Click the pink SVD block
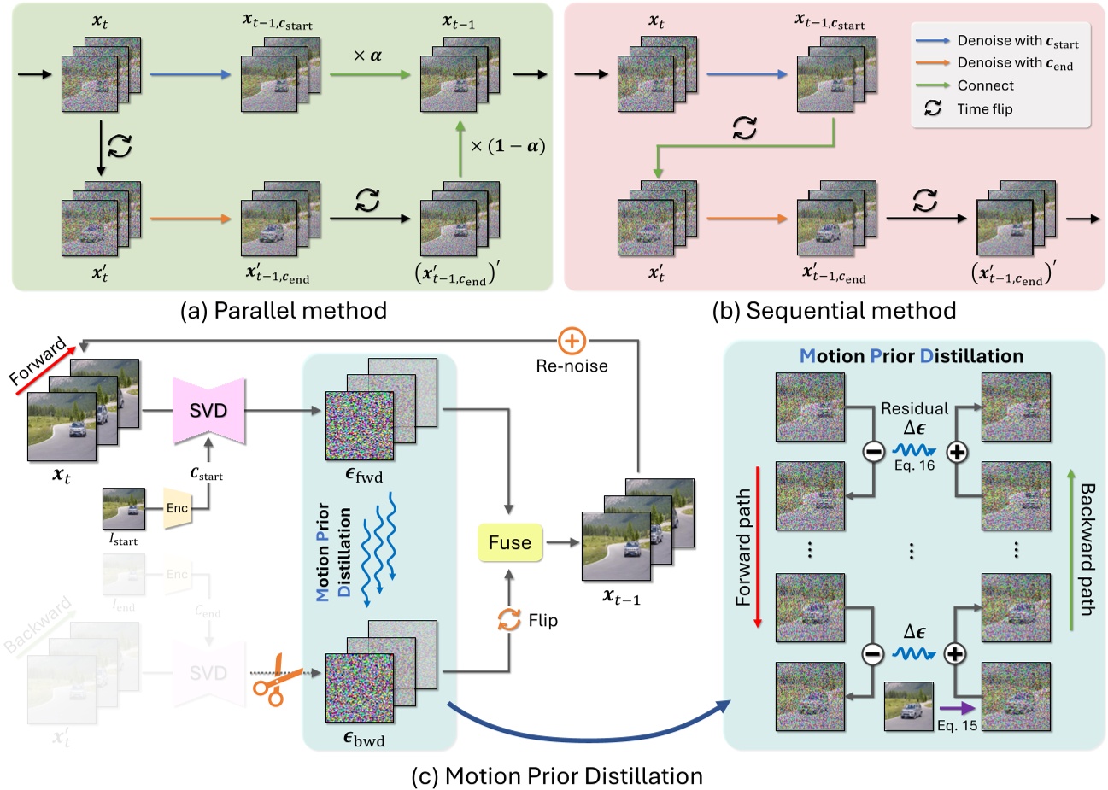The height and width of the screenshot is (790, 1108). [x=208, y=411]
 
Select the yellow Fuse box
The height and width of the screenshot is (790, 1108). [x=509, y=542]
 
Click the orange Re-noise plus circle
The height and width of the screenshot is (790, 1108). [x=572, y=342]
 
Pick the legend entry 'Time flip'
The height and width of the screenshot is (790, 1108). [x=984, y=108]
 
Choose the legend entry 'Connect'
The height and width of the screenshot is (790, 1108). [x=985, y=85]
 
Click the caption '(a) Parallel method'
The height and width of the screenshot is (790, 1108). [x=284, y=310]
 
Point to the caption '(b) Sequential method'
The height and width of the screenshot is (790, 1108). [x=835, y=310]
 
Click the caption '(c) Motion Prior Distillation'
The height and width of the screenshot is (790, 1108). [x=556, y=775]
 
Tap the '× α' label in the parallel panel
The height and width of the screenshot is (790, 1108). [x=368, y=56]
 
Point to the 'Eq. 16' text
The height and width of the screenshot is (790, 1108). [x=915, y=465]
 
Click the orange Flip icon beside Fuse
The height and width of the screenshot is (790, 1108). [x=510, y=620]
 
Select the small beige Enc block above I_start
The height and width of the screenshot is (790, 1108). [x=177, y=507]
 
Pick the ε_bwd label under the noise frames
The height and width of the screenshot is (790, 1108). [x=364, y=739]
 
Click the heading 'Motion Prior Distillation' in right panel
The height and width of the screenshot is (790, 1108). [x=911, y=355]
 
